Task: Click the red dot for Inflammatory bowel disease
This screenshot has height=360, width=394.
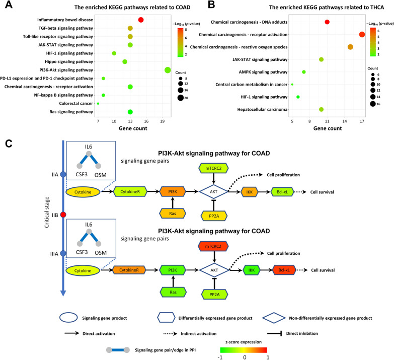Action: tap(141, 20)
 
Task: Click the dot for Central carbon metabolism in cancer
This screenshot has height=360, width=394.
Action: tap(292, 85)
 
